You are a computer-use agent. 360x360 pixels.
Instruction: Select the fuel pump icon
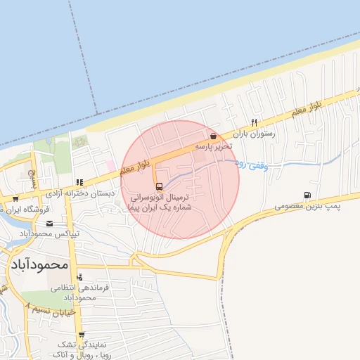pyautogui.click(x=307, y=195)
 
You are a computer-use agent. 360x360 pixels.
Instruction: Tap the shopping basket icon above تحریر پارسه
pyautogui.click(x=212, y=136)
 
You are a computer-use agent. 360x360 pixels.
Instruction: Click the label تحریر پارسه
pyautogui.click(x=213, y=147)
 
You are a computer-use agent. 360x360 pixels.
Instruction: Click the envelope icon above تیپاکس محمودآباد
pyautogui.click(x=49, y=224)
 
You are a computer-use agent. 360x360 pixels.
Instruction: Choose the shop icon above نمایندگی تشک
pyautogui.click(x=82, y=335)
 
